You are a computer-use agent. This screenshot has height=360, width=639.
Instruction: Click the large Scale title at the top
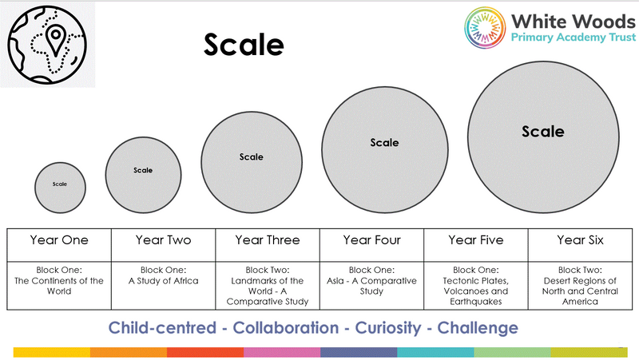click(244, 45)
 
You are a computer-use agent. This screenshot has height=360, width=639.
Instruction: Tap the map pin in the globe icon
click(55, 40)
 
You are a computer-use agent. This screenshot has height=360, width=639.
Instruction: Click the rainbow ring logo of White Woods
click(485, 28)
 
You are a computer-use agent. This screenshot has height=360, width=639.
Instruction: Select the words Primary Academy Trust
click(573, 38)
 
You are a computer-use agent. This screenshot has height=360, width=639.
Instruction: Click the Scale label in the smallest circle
click(59, 184)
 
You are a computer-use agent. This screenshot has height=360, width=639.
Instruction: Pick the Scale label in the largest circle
click(543, 132)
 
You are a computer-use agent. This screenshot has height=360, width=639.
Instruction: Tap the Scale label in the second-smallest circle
click(143, 170)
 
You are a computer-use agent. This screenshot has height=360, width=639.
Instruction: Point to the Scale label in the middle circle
click(251, 156)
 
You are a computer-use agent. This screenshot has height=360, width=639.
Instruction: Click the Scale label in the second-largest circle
click(384, 143)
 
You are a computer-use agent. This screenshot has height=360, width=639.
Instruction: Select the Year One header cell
click(59, 245)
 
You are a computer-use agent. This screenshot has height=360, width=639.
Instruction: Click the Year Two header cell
click(164, 245)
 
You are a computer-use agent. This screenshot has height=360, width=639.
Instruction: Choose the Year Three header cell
click(268, 245)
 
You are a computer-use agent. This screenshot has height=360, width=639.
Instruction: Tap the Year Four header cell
click(371, 245)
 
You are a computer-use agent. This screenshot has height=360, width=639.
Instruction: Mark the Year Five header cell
click(476, 245)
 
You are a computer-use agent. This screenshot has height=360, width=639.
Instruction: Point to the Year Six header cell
click(581, 245)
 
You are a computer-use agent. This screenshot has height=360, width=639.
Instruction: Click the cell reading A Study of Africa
click(164, 286)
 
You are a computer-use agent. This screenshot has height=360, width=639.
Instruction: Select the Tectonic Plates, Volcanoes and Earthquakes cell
click(476, 286)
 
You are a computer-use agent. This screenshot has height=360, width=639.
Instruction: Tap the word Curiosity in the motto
click(387, 328)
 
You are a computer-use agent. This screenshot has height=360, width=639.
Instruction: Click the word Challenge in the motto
click(478, 328)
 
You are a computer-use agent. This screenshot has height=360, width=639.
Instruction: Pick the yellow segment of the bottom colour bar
click(52, 352)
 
